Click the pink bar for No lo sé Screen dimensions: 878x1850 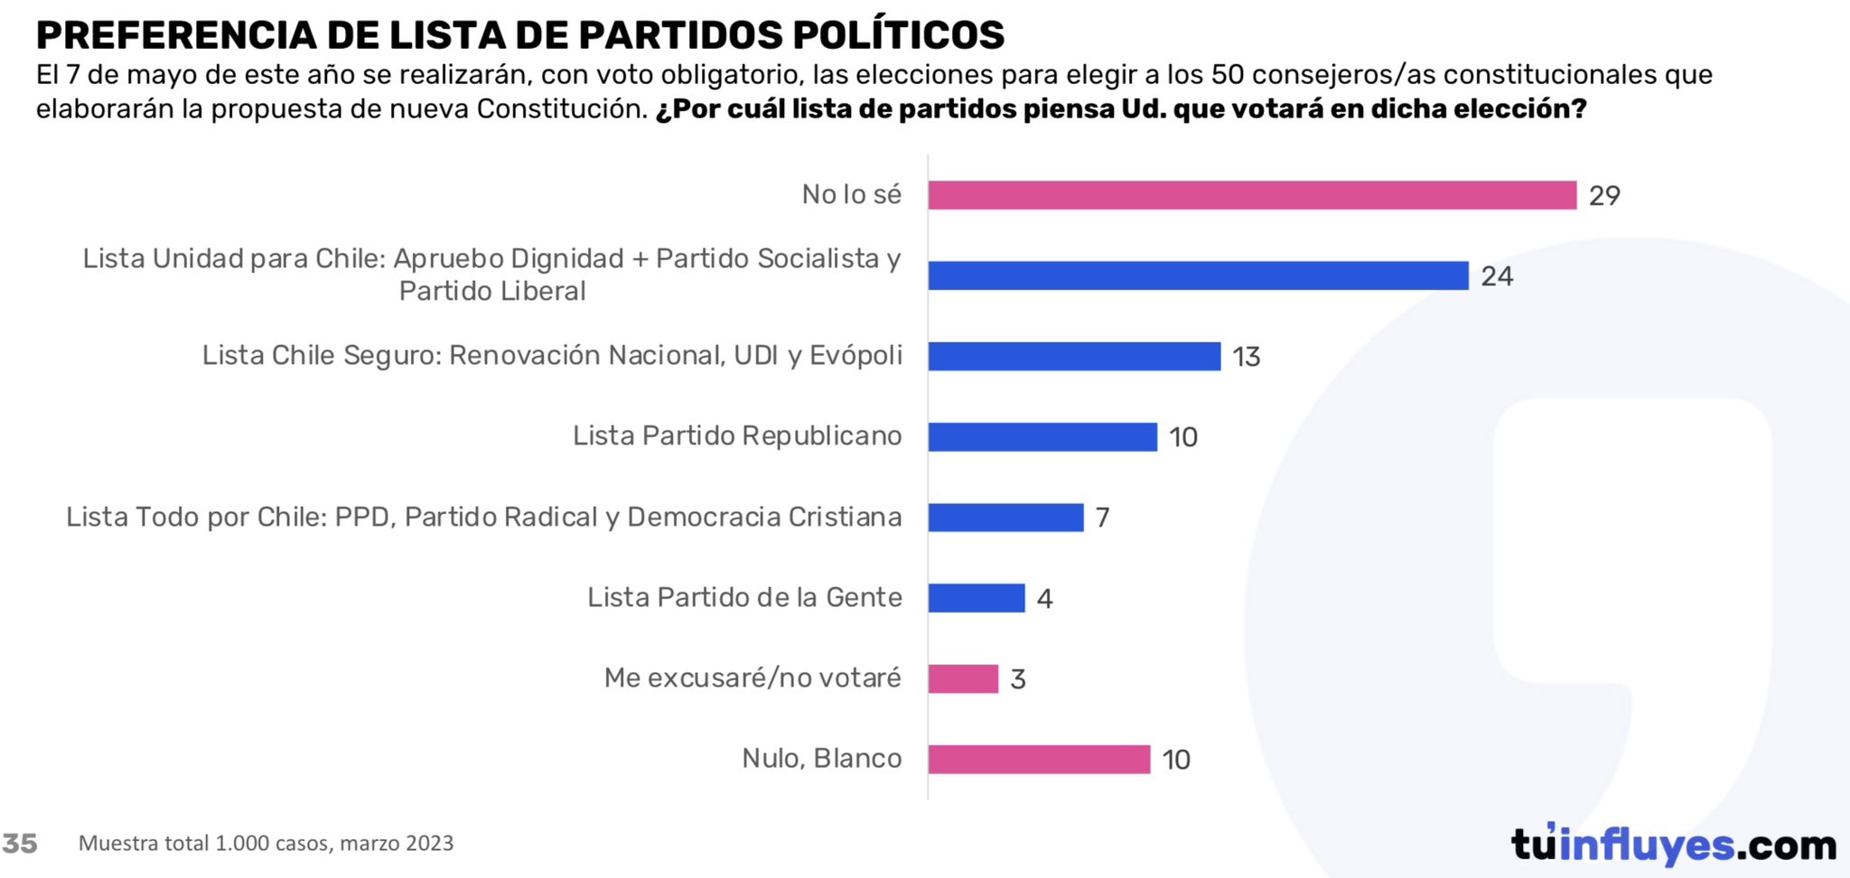tap(1252, 195)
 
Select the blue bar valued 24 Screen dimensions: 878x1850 tap(1198, 276)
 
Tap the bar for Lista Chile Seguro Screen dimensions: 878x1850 tap(1074, 356)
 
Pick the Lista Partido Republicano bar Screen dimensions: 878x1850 tap(1042, 437)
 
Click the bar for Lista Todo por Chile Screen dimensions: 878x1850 tap(1005, 518)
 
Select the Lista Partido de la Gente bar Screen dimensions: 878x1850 tap(976, 598)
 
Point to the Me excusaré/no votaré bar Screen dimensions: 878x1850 tap(963, 678)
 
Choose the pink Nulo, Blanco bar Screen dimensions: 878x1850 tap(1039, 760)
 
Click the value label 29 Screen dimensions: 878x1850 tap(1604, 196)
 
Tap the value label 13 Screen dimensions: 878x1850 tap(1247, 357)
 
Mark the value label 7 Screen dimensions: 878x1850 tap(1102, 518)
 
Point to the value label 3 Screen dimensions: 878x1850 tap(1018, 679)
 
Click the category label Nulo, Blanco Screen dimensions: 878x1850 tap(821, 758)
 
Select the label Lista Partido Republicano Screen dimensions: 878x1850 tap(737, 435)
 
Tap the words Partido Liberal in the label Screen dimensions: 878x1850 tap(492, 291)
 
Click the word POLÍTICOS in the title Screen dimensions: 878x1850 tap(898, 35)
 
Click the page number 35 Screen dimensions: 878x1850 tap(20, 844)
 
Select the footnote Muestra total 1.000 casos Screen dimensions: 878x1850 tap(266, 843)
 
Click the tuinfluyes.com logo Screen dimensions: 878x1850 tap(1673, 845)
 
